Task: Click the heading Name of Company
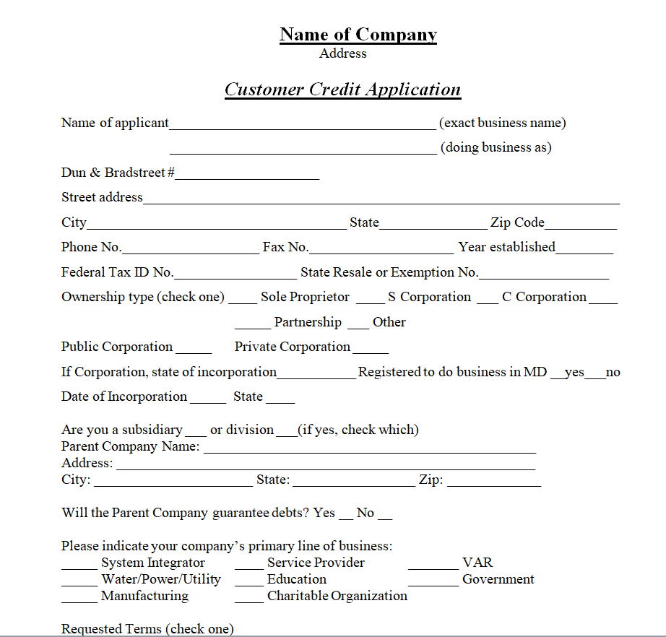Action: click(358, 35)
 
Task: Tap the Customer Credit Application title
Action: click(342, 90)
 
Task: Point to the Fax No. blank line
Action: click(381, 250)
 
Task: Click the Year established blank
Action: click(584, 250)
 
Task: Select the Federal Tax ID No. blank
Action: click(235, 275)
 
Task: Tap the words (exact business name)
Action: click(503, 123)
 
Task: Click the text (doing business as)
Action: click(496, 147)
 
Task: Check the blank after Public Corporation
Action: click(194, 350)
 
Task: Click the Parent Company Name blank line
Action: click(370, 449)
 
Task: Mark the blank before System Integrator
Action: click(79, 565)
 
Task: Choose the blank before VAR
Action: click(433, 565)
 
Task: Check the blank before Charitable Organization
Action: click(248, 599)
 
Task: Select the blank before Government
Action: click(433, 582)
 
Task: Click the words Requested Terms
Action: click(111, 629)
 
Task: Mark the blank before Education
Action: click(248, 582)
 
